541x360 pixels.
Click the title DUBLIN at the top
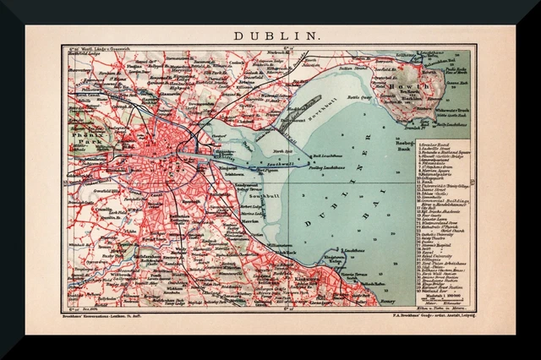[x=270, y=36]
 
